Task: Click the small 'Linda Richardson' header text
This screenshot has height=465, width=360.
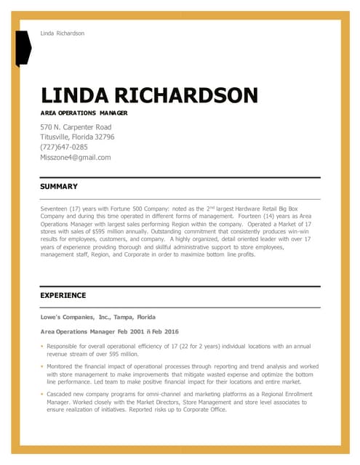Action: (x=62, y=33)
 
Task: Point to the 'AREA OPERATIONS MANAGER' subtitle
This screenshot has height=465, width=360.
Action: (x=84, y=114)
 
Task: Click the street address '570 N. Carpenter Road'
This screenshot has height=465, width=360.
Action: (x=76, y=127)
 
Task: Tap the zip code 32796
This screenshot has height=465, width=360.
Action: (x=102, y=137)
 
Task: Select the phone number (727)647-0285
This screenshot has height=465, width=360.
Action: (x=64, y=147)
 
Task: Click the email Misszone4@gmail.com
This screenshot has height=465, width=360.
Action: (x=76, y=157)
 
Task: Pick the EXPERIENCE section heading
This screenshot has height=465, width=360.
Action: (x=63, y=296)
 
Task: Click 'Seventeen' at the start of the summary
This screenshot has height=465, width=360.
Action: (x=55, y=209)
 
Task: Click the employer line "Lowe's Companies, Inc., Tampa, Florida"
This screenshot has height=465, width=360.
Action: (x=97, y=318)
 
